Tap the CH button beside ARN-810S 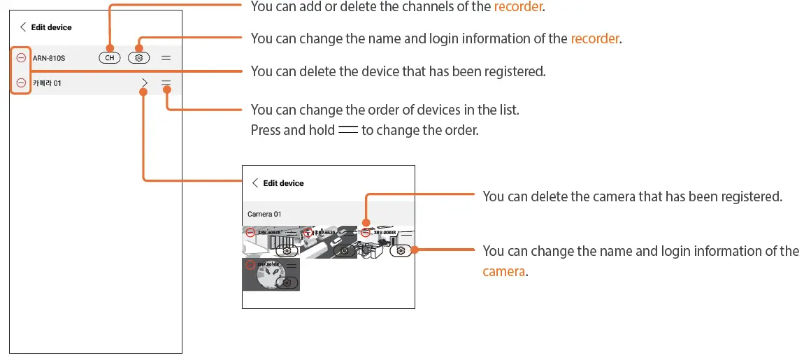click(110, 58)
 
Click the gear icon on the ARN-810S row click(139, 58)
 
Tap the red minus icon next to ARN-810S click(21, 58)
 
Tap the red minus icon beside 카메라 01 click(21, 83)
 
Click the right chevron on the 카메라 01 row click(144, 83)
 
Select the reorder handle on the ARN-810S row click(166, 58)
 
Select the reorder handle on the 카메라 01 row click(166, 83)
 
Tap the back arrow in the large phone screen click(23, 27)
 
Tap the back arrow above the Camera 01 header click(255, 183)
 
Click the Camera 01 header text click(264, 214)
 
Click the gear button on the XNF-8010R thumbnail click(287, 282)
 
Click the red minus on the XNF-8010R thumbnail click(250, 264)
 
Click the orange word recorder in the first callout click(519, 7)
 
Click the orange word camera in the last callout click(503, 271)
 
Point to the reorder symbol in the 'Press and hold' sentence click(347, 130)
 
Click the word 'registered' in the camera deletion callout click(750, 197)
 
